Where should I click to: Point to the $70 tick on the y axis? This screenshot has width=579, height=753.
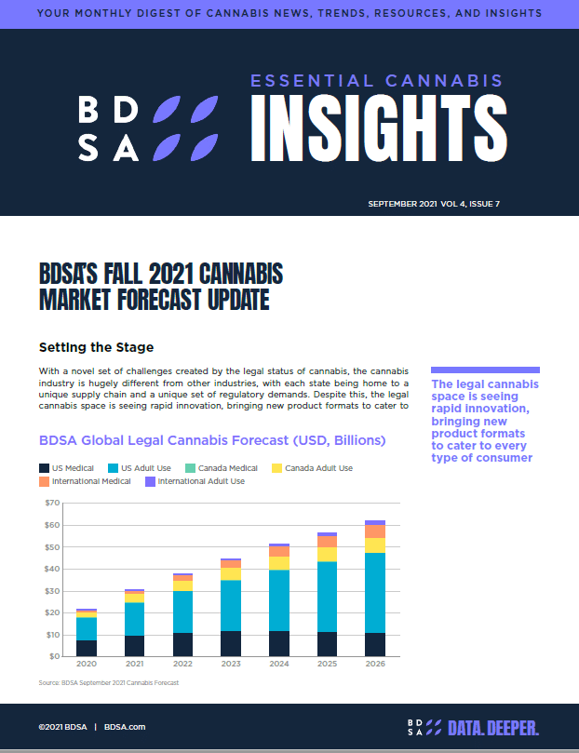pyautogui.click(x=52, y=504)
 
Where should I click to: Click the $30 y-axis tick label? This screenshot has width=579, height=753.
pyautogui.click(x=52, y=591)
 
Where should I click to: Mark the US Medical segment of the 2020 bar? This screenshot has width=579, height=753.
pyautogui.click(x=87, y=648)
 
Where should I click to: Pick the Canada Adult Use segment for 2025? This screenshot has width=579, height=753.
pyautogui.click(x=327, y=554)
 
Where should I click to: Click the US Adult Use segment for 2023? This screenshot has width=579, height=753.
pyautogui.click(x=231, y=605)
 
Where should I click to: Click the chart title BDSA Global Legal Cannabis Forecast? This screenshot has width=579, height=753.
pyautogui.click(x=212, y=439)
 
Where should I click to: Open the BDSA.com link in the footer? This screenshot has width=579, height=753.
pyautogui.click(x=125, y=727)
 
